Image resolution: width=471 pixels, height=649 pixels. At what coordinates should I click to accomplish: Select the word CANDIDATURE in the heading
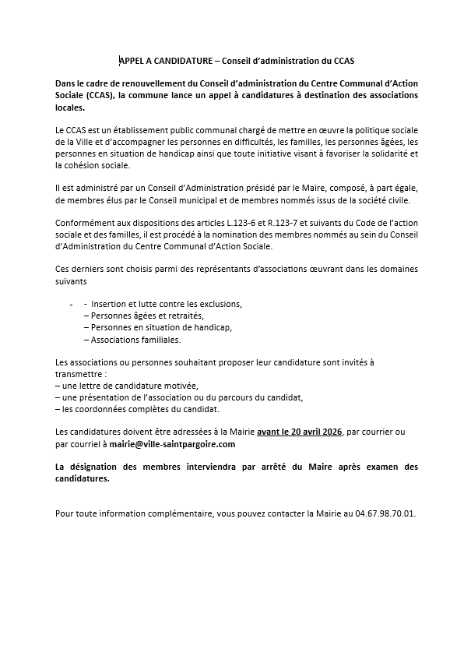click(185, 60)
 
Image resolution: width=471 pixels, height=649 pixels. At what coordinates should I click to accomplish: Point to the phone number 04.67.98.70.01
click(385, 514)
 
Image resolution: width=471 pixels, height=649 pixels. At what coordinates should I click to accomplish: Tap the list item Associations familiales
click(135, 340)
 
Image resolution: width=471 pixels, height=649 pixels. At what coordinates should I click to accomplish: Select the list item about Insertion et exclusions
click(167, 303)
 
